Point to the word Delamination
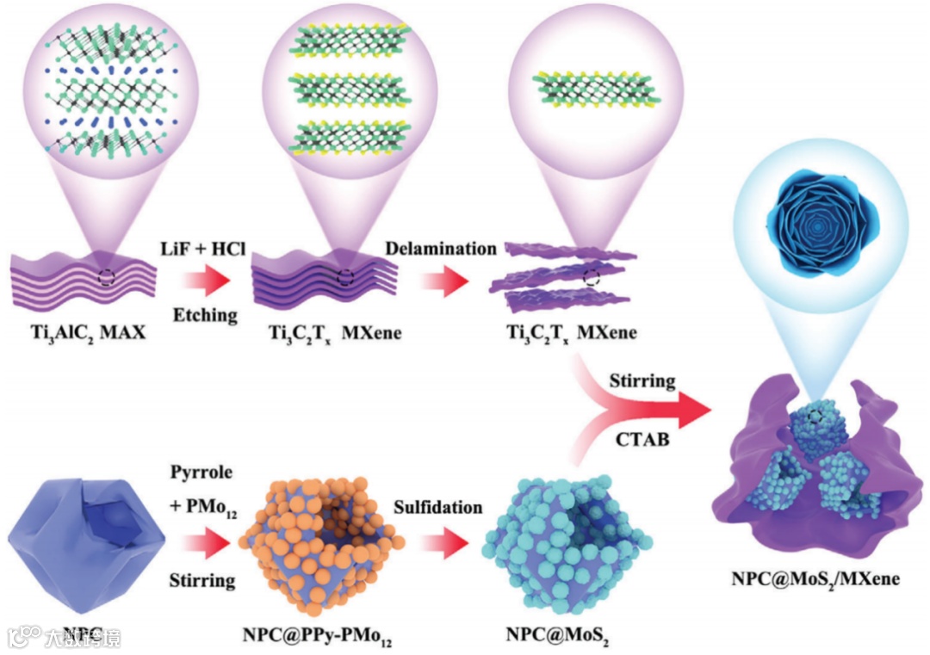click(441, 249)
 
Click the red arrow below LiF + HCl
click(207, 281)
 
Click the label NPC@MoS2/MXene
click(815, 578)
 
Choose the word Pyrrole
click(203, 474)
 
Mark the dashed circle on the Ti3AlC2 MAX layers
click(106, 277)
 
